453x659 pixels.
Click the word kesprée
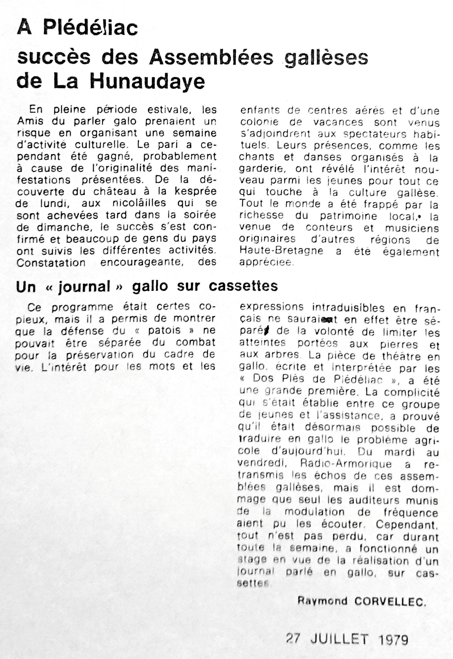tap(196, 191)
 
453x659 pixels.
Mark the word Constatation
tap(51, 262)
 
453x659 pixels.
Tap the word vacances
tap(338, 122)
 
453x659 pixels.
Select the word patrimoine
tap(348, 216)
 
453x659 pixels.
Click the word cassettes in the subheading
tap(243, 286)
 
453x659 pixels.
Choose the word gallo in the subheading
tap(150, 286)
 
